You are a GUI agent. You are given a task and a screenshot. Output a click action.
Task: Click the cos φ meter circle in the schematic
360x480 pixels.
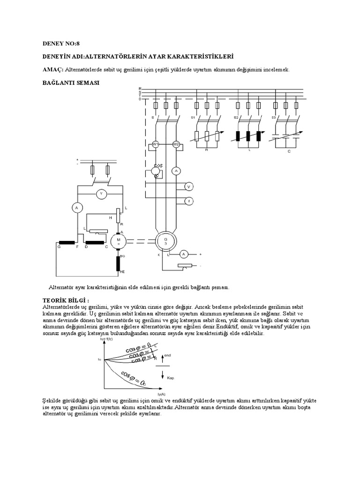click(x=156, y=172)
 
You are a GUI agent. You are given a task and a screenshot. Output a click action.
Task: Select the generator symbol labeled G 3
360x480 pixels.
click(x=165, y=241)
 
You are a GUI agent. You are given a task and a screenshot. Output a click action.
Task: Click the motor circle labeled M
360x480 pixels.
click(x=118, y=241)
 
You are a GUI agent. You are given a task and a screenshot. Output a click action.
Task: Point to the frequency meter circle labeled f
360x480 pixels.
click(x=189, y=201)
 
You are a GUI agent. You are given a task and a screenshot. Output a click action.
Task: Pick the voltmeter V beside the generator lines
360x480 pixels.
click(x=189, y=187)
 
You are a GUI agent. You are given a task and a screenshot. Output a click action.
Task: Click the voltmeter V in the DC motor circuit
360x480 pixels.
click(x=99, y=193)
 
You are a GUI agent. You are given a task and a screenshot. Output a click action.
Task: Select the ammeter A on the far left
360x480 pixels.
click(x=77, y=207)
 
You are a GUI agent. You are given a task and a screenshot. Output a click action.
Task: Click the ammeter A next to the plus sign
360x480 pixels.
click(x=184, y=254)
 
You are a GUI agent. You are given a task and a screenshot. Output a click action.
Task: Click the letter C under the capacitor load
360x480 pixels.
click(x=289, y=151)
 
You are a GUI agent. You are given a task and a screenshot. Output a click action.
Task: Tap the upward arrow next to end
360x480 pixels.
click(x=162, y=359)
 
